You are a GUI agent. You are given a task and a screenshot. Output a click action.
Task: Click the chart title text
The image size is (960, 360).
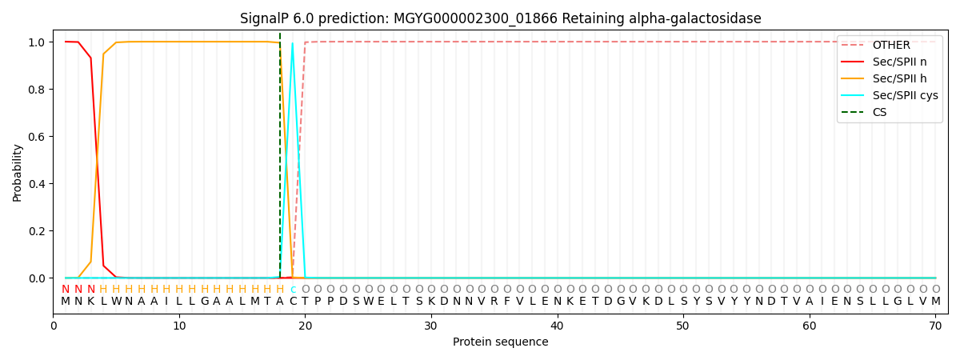click(x=500, y=18)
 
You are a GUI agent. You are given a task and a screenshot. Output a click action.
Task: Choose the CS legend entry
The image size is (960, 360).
click(x=879, y=112)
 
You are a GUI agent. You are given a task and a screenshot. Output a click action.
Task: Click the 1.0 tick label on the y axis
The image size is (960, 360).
click(x=37, y=42)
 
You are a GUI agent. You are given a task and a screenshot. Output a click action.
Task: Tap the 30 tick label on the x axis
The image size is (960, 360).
click(x=431, y=326)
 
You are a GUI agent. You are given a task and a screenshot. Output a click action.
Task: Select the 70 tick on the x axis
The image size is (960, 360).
click(x=935, y=326)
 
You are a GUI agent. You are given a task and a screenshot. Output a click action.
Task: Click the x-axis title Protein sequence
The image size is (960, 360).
click(x=500, y=342)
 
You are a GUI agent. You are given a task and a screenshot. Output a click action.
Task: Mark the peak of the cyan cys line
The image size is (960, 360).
click(x=293, y=43)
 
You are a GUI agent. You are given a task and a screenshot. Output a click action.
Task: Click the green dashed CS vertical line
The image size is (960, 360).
click(x=280, y=160)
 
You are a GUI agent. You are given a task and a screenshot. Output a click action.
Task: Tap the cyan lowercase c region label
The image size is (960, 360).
click(x=293, y=290)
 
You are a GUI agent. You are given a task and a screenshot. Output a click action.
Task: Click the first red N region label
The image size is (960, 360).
click(x=66, y=290)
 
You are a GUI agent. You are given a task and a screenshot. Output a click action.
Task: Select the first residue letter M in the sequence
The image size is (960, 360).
click(x=66, y=302)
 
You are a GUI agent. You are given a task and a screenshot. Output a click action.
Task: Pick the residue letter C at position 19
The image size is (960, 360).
click(x=293, y=302)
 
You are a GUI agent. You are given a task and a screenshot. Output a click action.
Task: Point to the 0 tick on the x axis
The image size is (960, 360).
click(x=54, y=326)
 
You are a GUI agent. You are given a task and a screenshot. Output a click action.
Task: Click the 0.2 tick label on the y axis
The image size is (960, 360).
click(x=37, y=231)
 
